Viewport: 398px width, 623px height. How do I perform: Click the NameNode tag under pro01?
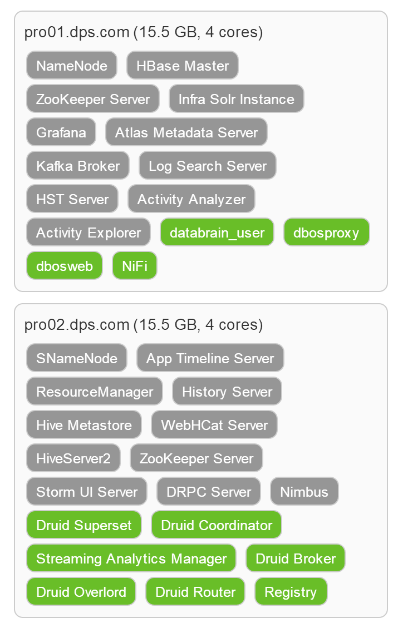(72, 65)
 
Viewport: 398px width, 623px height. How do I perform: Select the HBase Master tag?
(183, 65)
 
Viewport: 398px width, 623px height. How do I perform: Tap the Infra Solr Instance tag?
(236, 98)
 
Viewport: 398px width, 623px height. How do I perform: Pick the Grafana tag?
(61, 132)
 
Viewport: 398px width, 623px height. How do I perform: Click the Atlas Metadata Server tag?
(186, 132)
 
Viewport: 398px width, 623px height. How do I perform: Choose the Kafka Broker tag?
(78, 165)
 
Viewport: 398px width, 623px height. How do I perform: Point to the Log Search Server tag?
(208, 165)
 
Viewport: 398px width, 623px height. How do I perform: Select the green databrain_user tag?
(217, 232)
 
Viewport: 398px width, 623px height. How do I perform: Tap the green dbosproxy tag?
(326, 232)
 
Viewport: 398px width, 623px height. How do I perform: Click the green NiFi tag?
(135, 265)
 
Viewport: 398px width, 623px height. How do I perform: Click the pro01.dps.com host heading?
(144, 32)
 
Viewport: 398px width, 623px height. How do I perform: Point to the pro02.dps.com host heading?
(144, 325)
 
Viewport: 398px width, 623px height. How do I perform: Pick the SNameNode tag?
(77, 358)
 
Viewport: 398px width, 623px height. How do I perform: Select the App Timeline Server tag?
(210, 358)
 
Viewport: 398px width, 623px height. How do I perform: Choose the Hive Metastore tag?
(84, 425)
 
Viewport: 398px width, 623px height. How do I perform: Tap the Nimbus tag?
(304, 492)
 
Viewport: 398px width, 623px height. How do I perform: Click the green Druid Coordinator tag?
(217, 525)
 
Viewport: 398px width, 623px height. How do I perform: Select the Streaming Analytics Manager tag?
(131, 558)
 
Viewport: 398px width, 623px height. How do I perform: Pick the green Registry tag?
(291, 592)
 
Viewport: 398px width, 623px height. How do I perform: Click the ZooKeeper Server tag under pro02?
(196, 458)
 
